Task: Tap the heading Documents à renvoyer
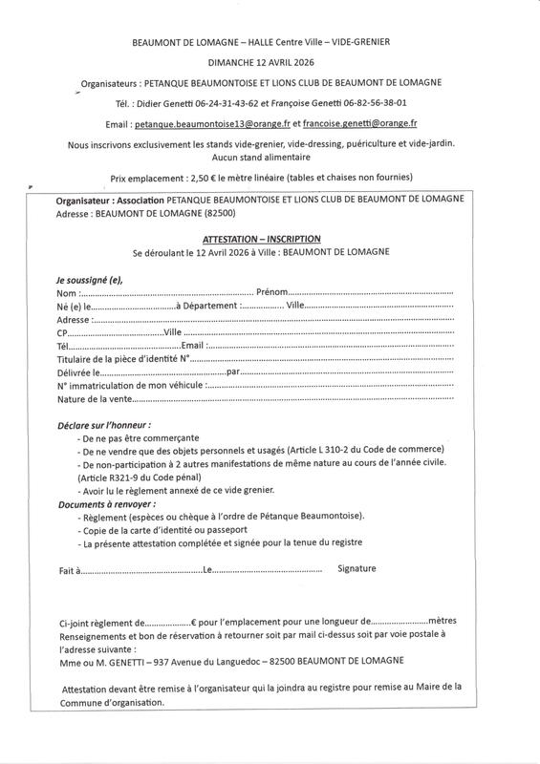point(107,502)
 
